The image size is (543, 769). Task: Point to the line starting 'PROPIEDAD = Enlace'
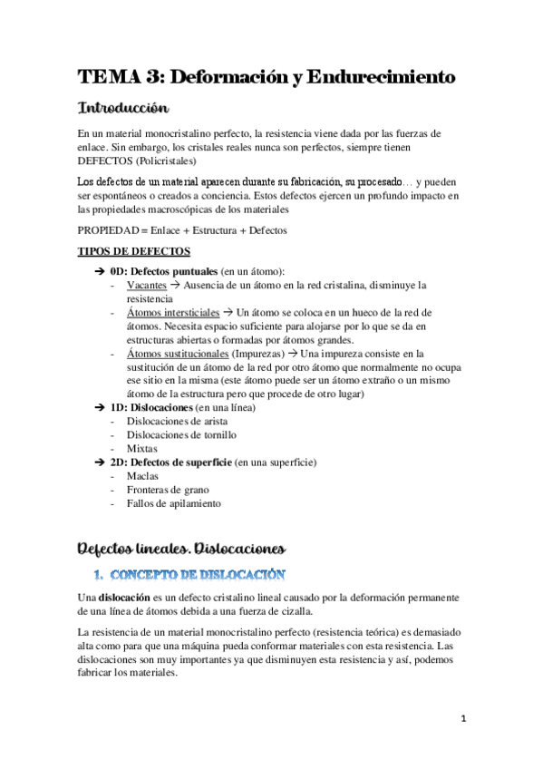pyautogui.click(x=181, y=230)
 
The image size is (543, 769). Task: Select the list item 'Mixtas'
pyautogui.click(x=142, y=448)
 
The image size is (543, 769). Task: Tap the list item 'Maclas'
pyautogui.click(x=143, y=475)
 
